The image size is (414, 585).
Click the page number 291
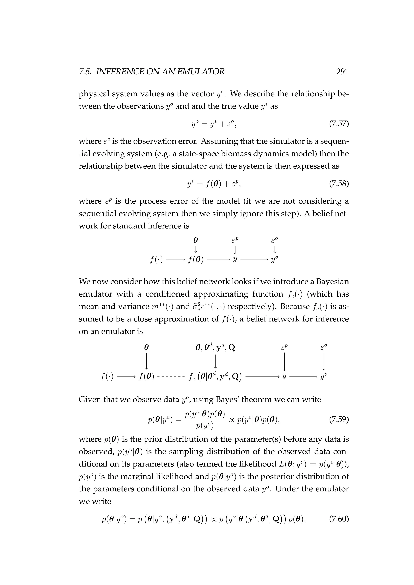click(x=342, y=72)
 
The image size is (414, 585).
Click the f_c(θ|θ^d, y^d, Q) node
click(x=215, y=376)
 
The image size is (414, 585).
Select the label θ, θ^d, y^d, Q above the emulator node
click(x=215, y=347)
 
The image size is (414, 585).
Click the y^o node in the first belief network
click(x=274, y=260)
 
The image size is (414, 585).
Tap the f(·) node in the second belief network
click(x=107, y=376)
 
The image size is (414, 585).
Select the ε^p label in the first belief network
click(x=235, y=240)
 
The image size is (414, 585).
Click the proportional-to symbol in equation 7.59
click(x=231, y=419)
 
